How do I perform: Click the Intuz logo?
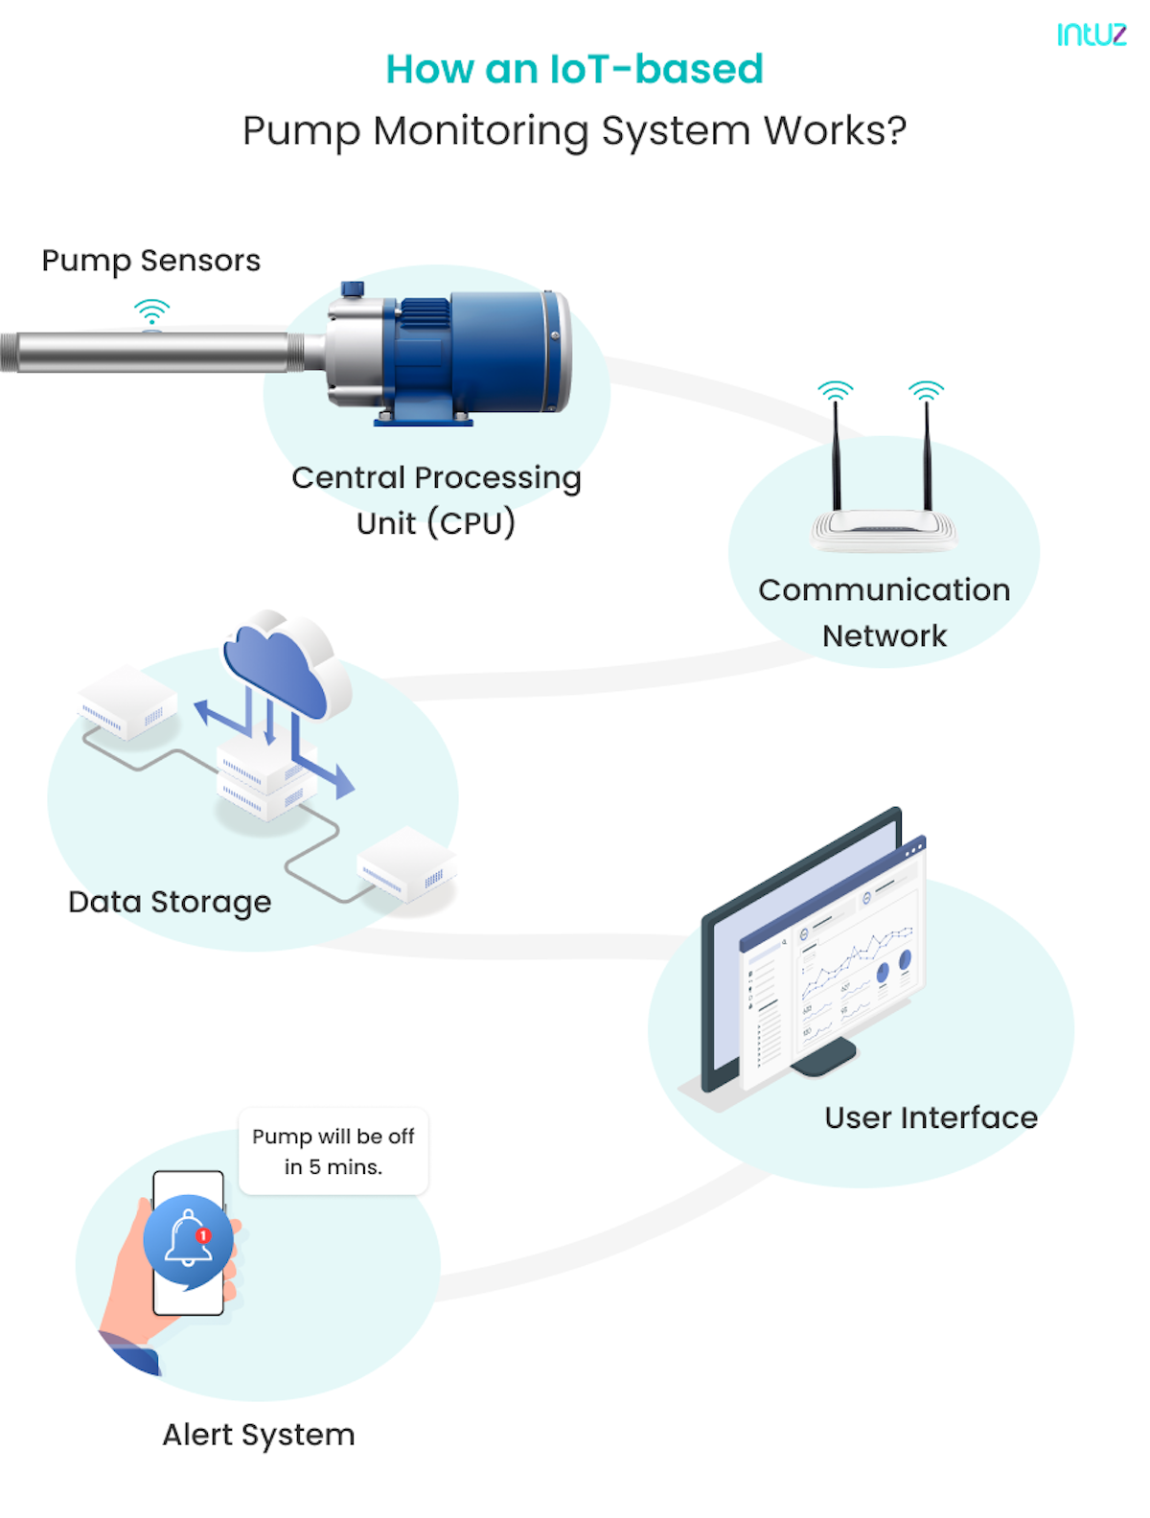(1091, 34)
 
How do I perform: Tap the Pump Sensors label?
(150, 261)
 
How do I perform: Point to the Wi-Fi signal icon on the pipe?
(151, 312)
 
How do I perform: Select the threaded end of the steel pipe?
(10, 352)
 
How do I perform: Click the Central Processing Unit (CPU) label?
(436, 499)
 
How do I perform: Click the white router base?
(884, 529)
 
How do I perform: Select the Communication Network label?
(884, 612)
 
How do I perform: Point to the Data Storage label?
(170, 902)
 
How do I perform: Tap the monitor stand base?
(824, 1058)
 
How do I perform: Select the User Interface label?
(931, 1117)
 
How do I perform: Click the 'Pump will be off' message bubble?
(333, 1151)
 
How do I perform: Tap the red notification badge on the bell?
(203, 1235)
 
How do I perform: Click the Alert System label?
(259, 1435)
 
